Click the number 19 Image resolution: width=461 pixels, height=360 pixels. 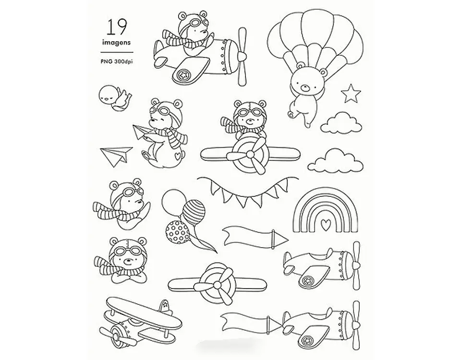pos(116,28)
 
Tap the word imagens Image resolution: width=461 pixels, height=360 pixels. pos(116,43)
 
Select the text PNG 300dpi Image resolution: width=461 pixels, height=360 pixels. pos(117,62)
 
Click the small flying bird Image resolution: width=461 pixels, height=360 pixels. pos(114,98)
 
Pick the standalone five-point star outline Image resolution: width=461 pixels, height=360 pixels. pos(351,93)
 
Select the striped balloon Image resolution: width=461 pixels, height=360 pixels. pos(194,212)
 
